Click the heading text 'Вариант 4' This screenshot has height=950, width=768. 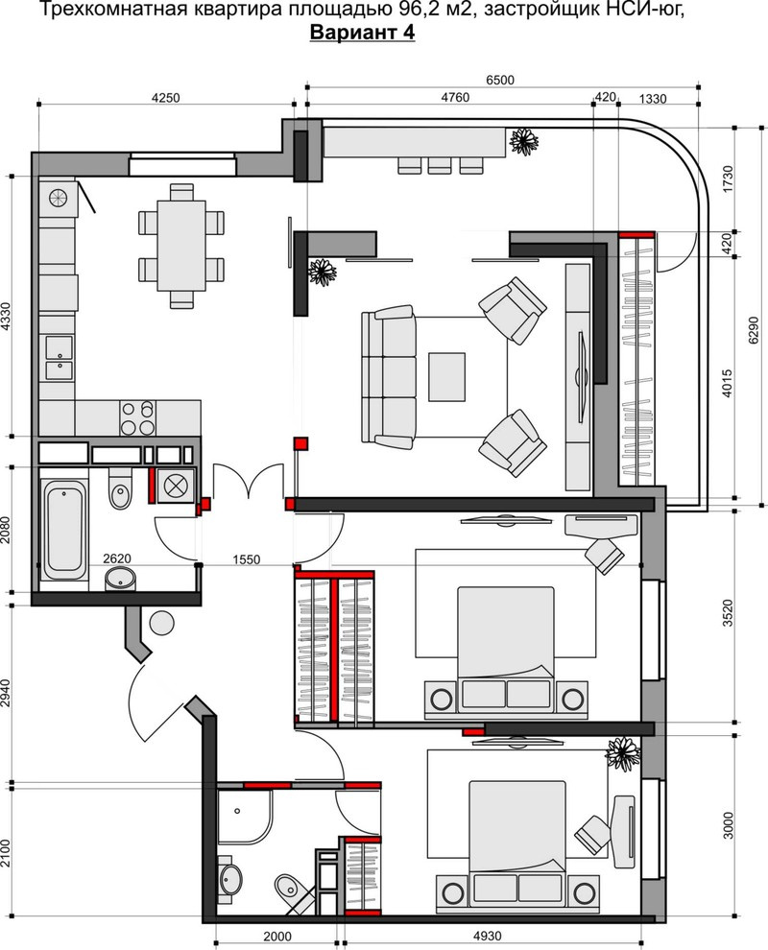pos(362,33)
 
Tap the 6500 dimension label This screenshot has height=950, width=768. pos(500,80)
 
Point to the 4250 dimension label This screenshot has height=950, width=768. pos(165,98)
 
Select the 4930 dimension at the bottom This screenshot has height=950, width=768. pos(487,936)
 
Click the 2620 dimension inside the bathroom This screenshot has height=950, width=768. pos(117,558)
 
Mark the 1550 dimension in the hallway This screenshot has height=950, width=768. pos(247,559)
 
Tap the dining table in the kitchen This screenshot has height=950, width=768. pos(181,246)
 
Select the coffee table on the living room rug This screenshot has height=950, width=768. pos(446,377)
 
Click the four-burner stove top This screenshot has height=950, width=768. pos(137,418)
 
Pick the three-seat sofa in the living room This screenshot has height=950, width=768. pos(389,377)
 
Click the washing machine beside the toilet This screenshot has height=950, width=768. pos(175,486)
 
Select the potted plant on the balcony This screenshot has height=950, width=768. pos(524,140)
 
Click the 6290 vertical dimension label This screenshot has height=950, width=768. pos(753,331)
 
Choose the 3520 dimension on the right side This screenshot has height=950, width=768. pos(728,614)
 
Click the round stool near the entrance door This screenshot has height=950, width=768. pos(162,623)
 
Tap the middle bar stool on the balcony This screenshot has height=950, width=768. pos(437,165)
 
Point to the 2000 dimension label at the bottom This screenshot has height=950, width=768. pos(277,936)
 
